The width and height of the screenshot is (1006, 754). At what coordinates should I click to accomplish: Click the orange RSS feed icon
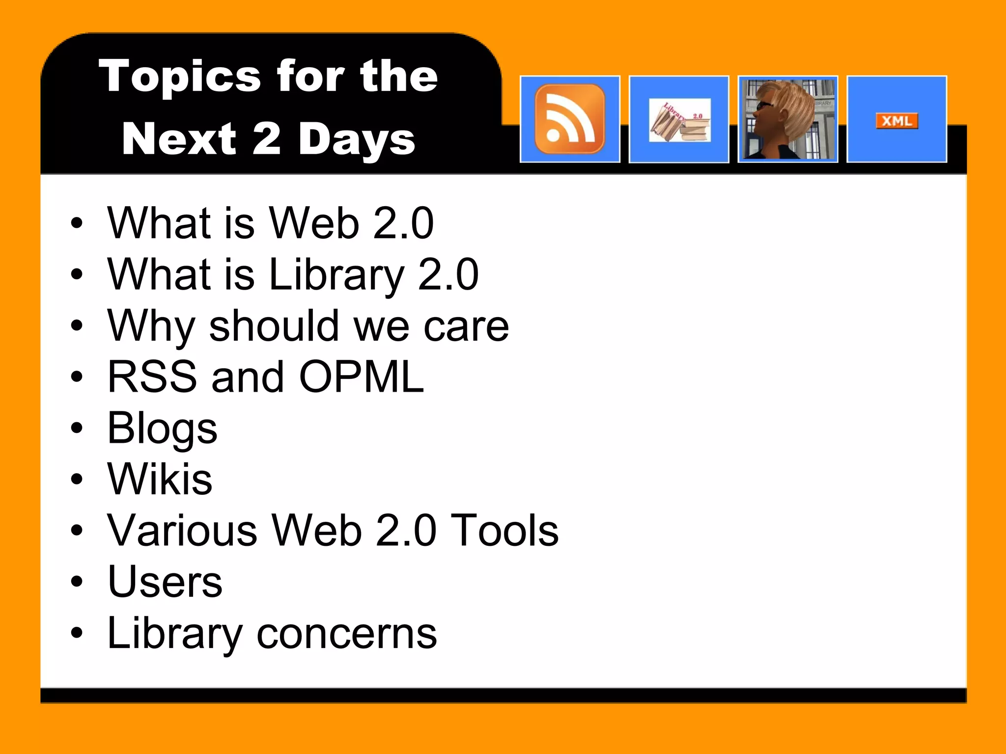coord(570,119)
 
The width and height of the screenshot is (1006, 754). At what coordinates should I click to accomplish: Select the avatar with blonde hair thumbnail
coord(787,119)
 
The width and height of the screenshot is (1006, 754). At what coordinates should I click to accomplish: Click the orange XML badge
coord(896,121)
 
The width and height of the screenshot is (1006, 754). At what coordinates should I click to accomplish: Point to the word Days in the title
coord(357,139)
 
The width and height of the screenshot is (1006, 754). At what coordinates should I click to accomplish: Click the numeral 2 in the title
coord(267,138)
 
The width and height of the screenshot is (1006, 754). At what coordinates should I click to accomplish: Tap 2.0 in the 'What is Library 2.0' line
coord(448,274)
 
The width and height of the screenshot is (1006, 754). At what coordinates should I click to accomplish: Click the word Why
coord(151,326)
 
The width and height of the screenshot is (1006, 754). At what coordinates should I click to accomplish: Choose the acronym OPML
coord(361,377)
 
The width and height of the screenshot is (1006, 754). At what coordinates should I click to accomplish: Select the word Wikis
coord(160,479)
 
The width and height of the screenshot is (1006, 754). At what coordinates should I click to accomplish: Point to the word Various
coord(182,531)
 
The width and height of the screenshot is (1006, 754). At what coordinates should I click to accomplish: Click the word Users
coord(165,582)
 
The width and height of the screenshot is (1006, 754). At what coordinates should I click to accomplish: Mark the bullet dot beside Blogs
coord(77,428)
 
